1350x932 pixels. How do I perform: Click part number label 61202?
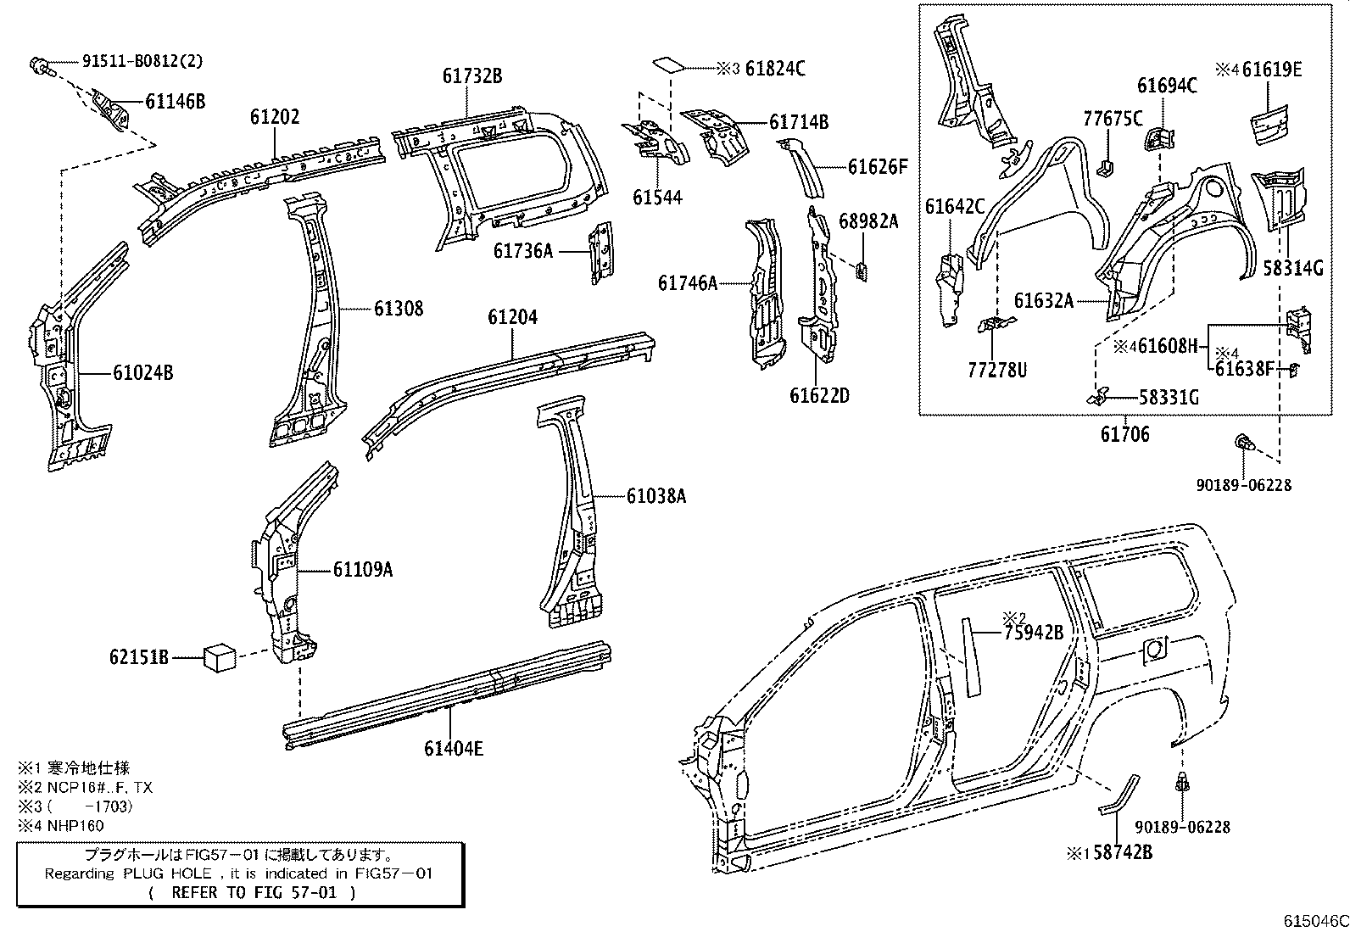click(x=274, y=117)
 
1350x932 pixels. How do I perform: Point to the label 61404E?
click(x=454, y=748)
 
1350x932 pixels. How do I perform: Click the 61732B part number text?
click(x=471, y=76)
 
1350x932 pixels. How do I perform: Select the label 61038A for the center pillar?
click(x=656, y=496)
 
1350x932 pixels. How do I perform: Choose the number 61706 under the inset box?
click(x=1124, y=435)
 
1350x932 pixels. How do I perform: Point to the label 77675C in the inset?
click(x=1113, y=120)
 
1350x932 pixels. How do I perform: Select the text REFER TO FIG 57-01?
click(x=251, y=892)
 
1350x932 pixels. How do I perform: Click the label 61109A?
click(x=362, y=569)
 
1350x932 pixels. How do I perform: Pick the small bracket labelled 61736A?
click(x=601, y=252)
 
